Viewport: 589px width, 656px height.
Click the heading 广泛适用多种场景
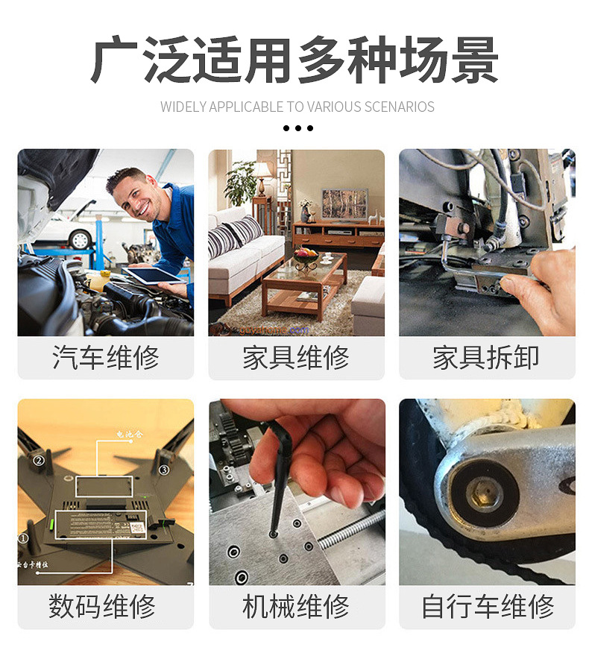coord(294,60)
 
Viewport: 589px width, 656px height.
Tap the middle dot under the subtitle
coord(298,128)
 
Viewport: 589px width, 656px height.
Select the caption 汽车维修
coord(105,358)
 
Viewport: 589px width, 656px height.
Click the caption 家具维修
coord(296,358)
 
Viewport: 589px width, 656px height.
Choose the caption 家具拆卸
coord(486,358)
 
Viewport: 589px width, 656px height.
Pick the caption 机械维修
coord(296,605)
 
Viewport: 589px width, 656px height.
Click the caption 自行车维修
coord(487,605)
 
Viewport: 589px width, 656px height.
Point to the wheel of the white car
coord(80,239)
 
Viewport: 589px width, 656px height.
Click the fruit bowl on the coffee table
coord(306,256)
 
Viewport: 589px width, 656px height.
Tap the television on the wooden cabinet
coord(344,204)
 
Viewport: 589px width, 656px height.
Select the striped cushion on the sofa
coord(224,241)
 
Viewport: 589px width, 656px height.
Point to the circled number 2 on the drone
coord(39,461)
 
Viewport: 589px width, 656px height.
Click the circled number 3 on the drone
coord(164,470)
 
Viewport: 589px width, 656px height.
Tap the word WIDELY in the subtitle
coord(183,107)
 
